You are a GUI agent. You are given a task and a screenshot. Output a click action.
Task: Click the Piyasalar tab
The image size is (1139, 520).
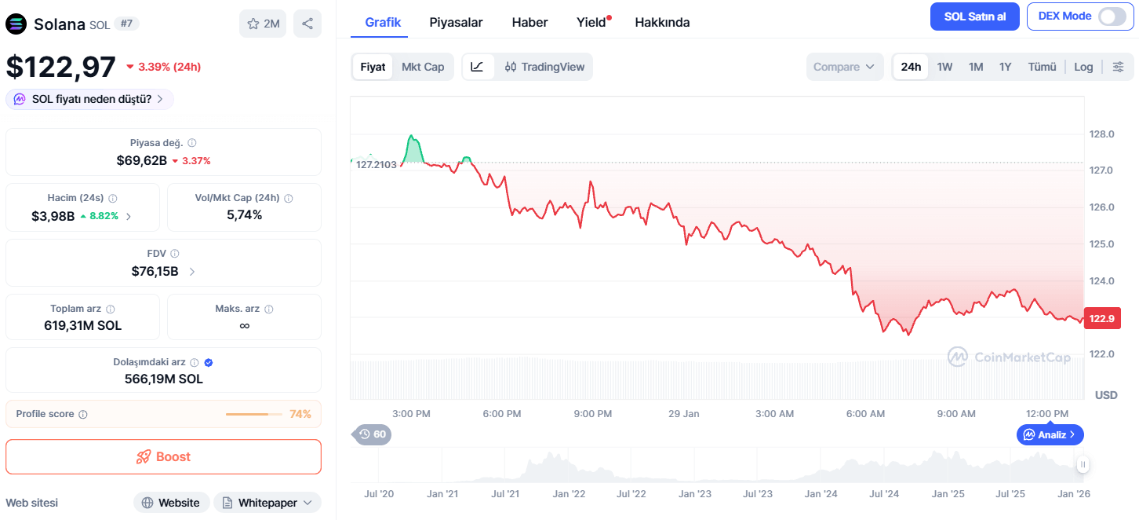(x=456, y=23)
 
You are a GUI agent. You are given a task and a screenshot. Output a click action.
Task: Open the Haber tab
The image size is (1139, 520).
(x=529, y=23)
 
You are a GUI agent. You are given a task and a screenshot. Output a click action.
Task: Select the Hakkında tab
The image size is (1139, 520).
(x=662, y=23)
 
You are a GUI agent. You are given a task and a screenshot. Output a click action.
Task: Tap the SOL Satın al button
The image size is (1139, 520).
(x=975, y=16)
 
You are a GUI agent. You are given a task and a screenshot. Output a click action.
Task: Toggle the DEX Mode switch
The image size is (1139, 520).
(x=1112, y=16)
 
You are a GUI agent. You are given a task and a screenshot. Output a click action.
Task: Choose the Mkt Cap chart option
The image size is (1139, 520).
(x=423, y=67)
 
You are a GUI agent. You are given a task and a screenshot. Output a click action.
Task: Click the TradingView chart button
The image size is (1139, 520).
(x=544, y=67)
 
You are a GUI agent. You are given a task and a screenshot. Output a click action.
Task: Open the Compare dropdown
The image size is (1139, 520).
(x=844, y=67)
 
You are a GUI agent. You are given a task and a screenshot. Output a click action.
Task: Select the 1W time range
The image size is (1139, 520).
(x=944, y=67)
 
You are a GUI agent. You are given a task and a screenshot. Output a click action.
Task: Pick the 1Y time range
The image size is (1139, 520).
(x=1005, y=67)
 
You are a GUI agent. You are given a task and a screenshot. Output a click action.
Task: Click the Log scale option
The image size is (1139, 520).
(x=1083, y=67)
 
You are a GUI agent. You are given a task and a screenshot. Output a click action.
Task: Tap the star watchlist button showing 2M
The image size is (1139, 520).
(x=263, y=24)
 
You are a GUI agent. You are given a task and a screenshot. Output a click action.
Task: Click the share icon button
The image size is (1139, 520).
(x=307, y=24)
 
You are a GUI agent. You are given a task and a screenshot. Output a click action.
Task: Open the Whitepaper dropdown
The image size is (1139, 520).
(x=267, y=503)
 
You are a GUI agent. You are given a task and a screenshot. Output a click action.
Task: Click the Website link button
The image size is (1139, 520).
(x=171, y=503)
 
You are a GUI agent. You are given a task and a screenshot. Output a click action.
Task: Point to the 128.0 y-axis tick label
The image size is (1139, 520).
(x=1101, y=134)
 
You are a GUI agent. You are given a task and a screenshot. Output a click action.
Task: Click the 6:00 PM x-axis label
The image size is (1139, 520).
(x=502, y=413)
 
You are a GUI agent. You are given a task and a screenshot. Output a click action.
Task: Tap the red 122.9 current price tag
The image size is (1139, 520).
(x=1102, y=318)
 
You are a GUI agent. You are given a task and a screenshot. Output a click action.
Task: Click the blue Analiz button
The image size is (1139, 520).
(x=1050, y=434)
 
